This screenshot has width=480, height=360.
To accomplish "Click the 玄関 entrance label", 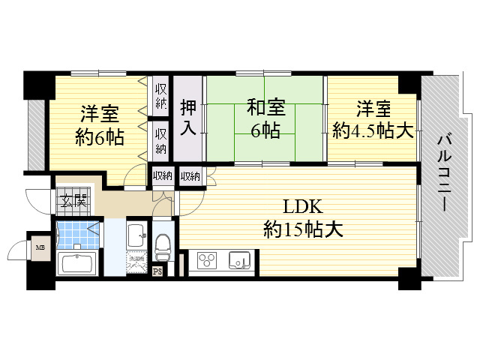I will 73,200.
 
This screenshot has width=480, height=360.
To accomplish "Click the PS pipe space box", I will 157,272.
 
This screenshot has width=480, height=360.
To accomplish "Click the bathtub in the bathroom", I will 76,264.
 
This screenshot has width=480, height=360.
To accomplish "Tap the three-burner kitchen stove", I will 207,261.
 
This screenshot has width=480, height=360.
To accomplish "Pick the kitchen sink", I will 238,261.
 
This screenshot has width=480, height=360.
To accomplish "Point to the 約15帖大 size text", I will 303,229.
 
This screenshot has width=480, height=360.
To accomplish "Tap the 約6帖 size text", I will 99,138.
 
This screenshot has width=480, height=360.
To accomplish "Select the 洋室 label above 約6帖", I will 99,115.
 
